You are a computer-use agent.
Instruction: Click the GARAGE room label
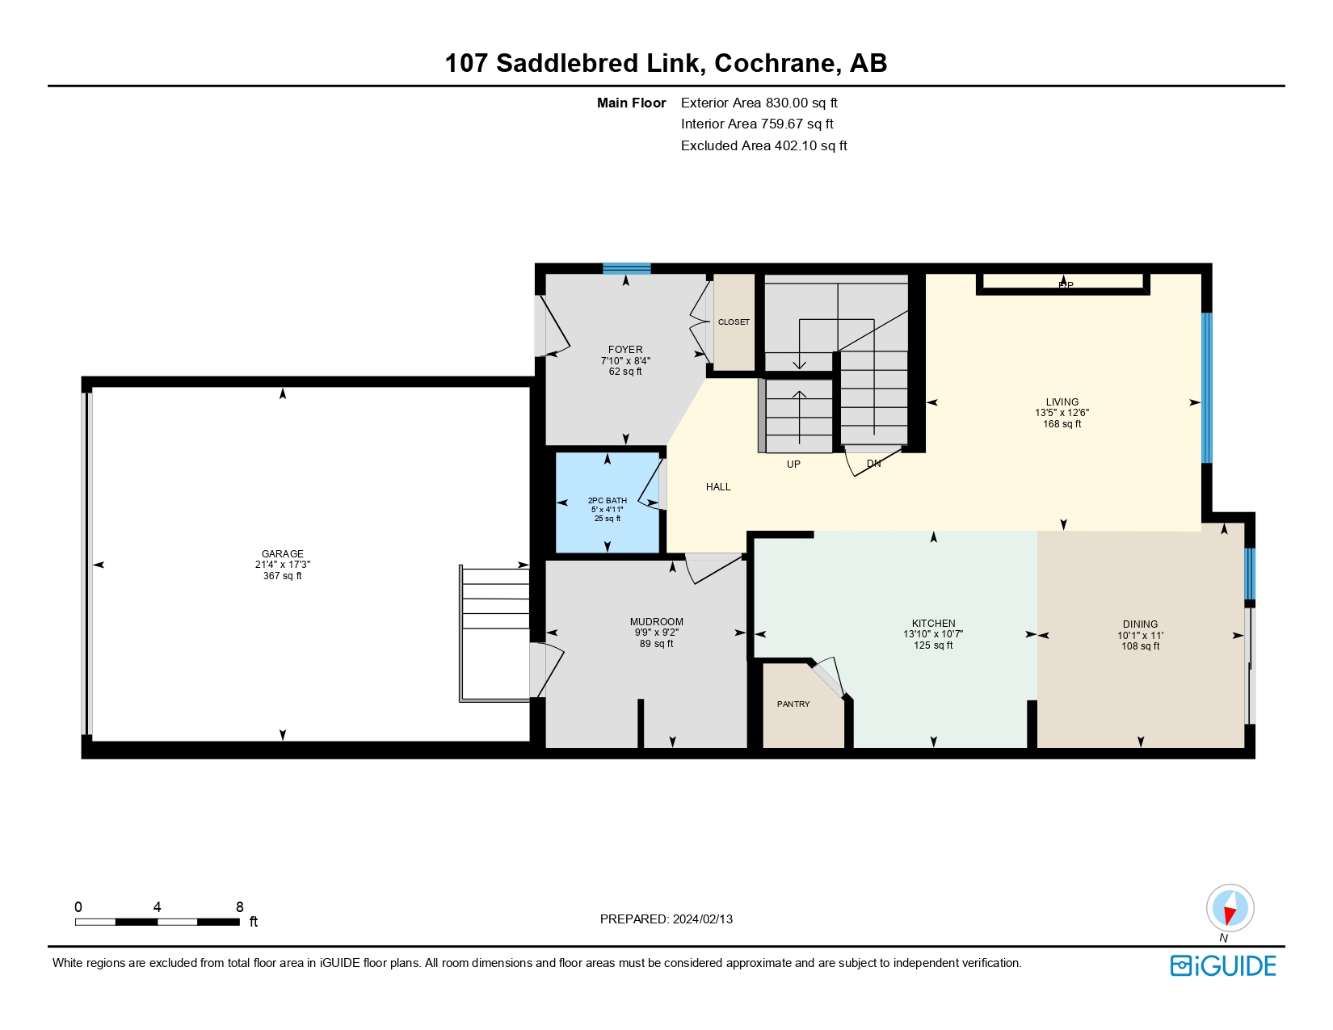(x=282, y=554)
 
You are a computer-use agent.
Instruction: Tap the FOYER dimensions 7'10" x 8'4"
(x=625, y=361)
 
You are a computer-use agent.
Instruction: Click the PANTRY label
(x=793, y=704)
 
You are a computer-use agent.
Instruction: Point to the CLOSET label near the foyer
(x=734, y=322)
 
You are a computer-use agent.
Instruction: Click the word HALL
(x=718, y=487)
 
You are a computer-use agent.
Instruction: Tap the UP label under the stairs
(x=793, y=465)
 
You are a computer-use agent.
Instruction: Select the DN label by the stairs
(x=873, y=464)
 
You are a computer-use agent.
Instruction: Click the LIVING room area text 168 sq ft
(x=1062, y=424)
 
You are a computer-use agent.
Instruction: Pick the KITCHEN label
(x=933, y=624)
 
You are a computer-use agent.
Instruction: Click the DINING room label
(x=1140, y=624)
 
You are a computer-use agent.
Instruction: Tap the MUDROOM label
(x=656, y=622)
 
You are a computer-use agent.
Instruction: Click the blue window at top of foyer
(x=626, y=269)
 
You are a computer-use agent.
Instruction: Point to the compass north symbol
(x=1230, y=908)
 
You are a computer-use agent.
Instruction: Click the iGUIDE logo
(x=1223, y=966)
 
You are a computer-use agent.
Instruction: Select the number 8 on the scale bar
(x=239, y=907)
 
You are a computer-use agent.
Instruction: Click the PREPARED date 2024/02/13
(x=702, y=919)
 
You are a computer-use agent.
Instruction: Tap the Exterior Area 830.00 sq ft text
(x=759, y=103)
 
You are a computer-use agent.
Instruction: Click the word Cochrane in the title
(x=775, y=63)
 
